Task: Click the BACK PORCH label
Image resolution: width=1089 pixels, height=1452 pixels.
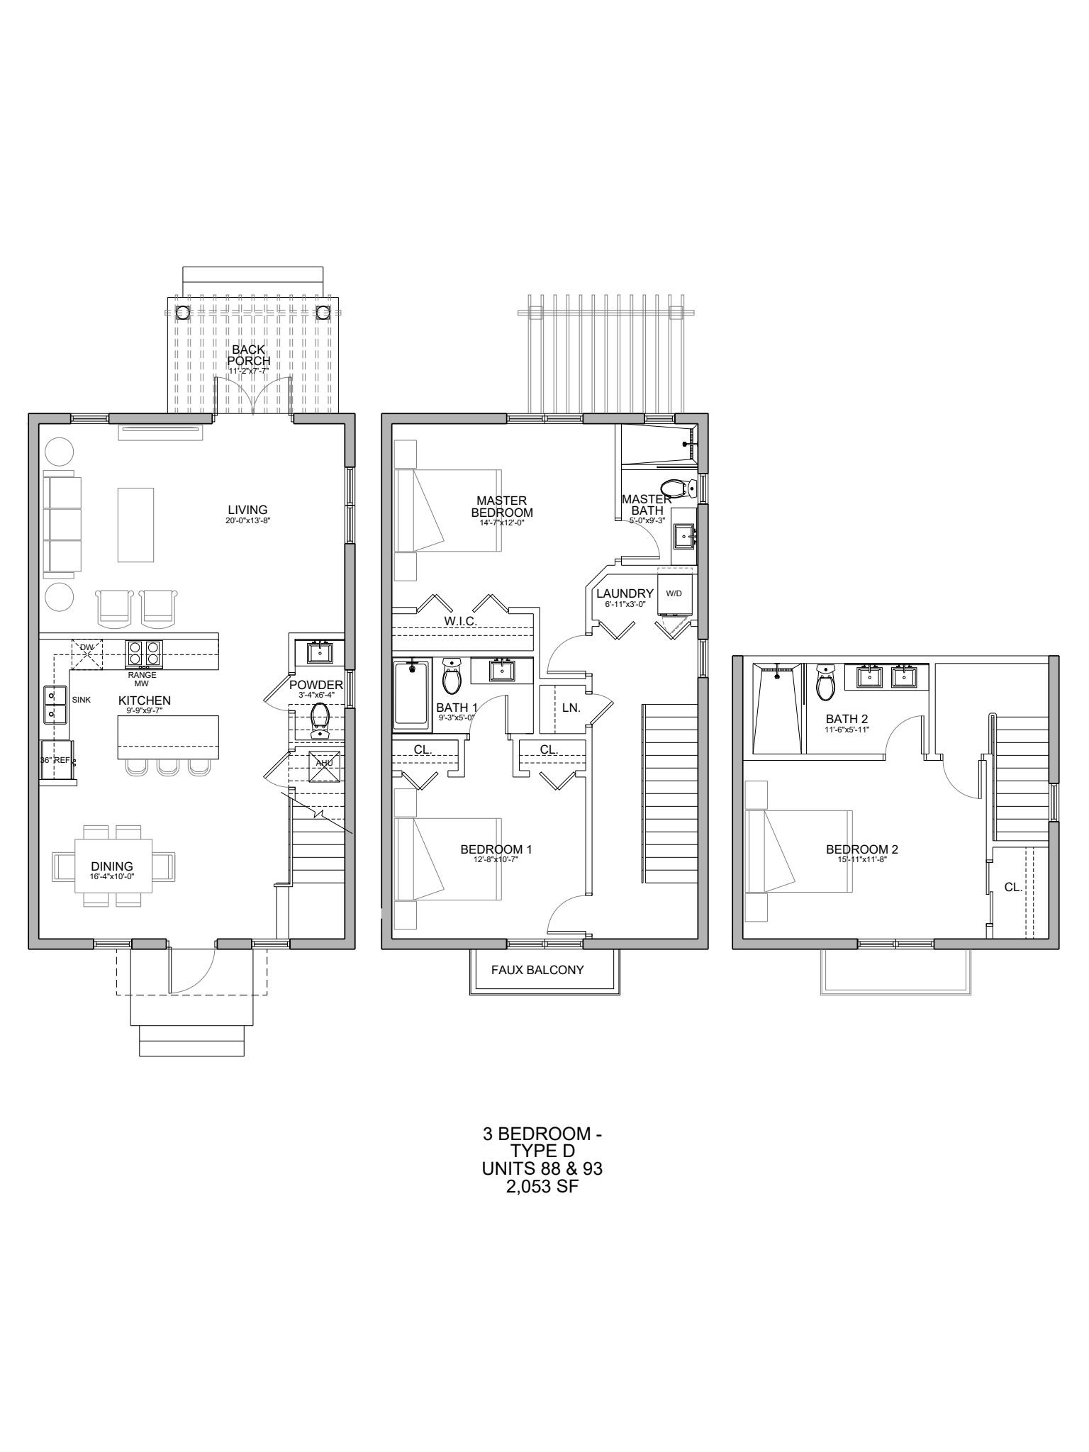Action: pos(248,355)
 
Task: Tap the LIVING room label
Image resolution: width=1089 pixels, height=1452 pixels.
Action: pos(247,510)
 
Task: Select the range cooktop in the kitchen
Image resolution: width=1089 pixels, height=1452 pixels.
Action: pos(144,653)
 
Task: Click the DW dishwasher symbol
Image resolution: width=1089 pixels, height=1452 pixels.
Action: pos(87,653)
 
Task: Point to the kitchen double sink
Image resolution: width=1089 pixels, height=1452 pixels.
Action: pos(53,704)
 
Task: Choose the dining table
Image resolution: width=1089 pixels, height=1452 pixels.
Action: pos(113,866)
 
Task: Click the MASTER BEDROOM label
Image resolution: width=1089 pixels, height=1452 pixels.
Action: pos(502,506)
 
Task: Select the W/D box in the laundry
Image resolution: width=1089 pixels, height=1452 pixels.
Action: pos(674,593)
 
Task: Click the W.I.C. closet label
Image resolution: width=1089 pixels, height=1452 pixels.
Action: pos(461,621)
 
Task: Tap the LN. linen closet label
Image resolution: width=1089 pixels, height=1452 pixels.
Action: pos(571,708)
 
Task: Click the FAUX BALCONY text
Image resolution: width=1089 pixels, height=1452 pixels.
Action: pos(537,969)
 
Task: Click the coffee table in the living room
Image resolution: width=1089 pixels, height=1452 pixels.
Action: pos(135,525)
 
